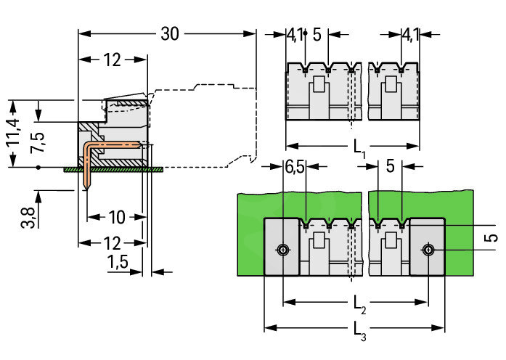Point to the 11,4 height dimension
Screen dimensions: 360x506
15,134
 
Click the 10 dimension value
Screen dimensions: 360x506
116,216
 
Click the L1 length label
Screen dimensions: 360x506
359,148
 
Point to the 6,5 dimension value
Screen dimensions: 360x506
295,167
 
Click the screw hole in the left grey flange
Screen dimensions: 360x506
282,250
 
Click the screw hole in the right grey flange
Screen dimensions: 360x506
429,250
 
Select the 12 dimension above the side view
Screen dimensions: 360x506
111,60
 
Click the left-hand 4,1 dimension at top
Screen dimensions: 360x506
294,34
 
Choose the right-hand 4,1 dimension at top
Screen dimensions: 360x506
411,34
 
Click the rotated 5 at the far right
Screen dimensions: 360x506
492,237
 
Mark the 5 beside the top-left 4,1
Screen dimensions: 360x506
317,34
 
